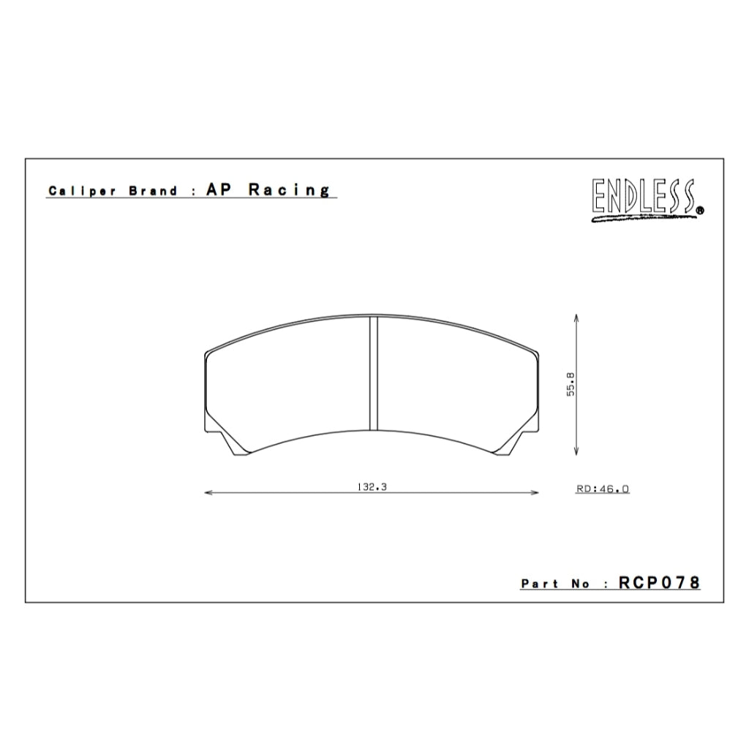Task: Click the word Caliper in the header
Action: pos(82,191)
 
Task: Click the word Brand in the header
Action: pos(154,191)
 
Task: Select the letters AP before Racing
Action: pos(219,189)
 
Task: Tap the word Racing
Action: pos(289,190)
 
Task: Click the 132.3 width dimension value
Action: pos(372,486)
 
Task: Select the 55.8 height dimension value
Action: pos(571,384)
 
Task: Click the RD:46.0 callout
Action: pos(603,489)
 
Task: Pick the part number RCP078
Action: pos(659,582)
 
